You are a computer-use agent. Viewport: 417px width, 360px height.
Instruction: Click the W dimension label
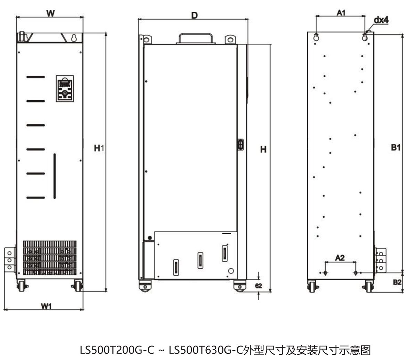coord(50,13)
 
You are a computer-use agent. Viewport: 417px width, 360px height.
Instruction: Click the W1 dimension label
coord(46,306)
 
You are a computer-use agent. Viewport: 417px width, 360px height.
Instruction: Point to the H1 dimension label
coord(99,148)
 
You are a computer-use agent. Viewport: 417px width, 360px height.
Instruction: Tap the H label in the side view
coord(263,150)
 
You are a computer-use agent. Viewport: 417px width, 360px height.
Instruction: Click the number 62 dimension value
coord(259,286)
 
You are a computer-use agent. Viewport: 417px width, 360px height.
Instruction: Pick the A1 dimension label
coord(341,13)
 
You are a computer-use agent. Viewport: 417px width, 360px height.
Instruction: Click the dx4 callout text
coord(381,20)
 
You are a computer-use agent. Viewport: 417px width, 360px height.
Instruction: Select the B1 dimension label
coord(396,147)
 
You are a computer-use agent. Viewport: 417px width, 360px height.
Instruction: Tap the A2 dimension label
coord(340,258)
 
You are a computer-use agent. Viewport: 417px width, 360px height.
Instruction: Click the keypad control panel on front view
coord(65,89)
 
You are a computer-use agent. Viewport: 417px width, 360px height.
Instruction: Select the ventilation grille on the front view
coord(50,258)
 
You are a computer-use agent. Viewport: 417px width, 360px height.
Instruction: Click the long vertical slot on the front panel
coord(55,176)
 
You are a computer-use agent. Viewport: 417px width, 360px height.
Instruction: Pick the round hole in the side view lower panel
coord(230,271)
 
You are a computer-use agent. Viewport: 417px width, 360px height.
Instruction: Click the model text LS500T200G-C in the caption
coord(117,350)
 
